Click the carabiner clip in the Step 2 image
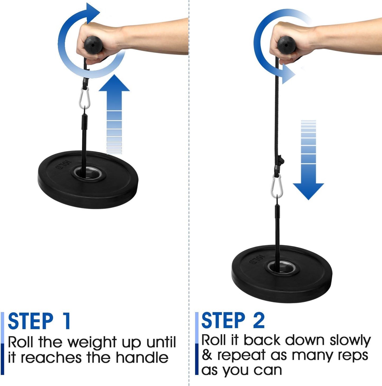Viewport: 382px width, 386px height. point(277,187)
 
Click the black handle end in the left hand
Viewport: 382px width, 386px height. point(93,45)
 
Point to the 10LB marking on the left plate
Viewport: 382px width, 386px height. point(63,165)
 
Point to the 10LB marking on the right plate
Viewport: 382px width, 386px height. point(257,259)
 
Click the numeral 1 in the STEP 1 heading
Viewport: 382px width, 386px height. point(66,321)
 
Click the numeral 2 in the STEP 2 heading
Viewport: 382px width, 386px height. point(259,320)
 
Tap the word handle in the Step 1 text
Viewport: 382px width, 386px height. point(142,358)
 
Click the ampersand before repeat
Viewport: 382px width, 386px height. point(207,355)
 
